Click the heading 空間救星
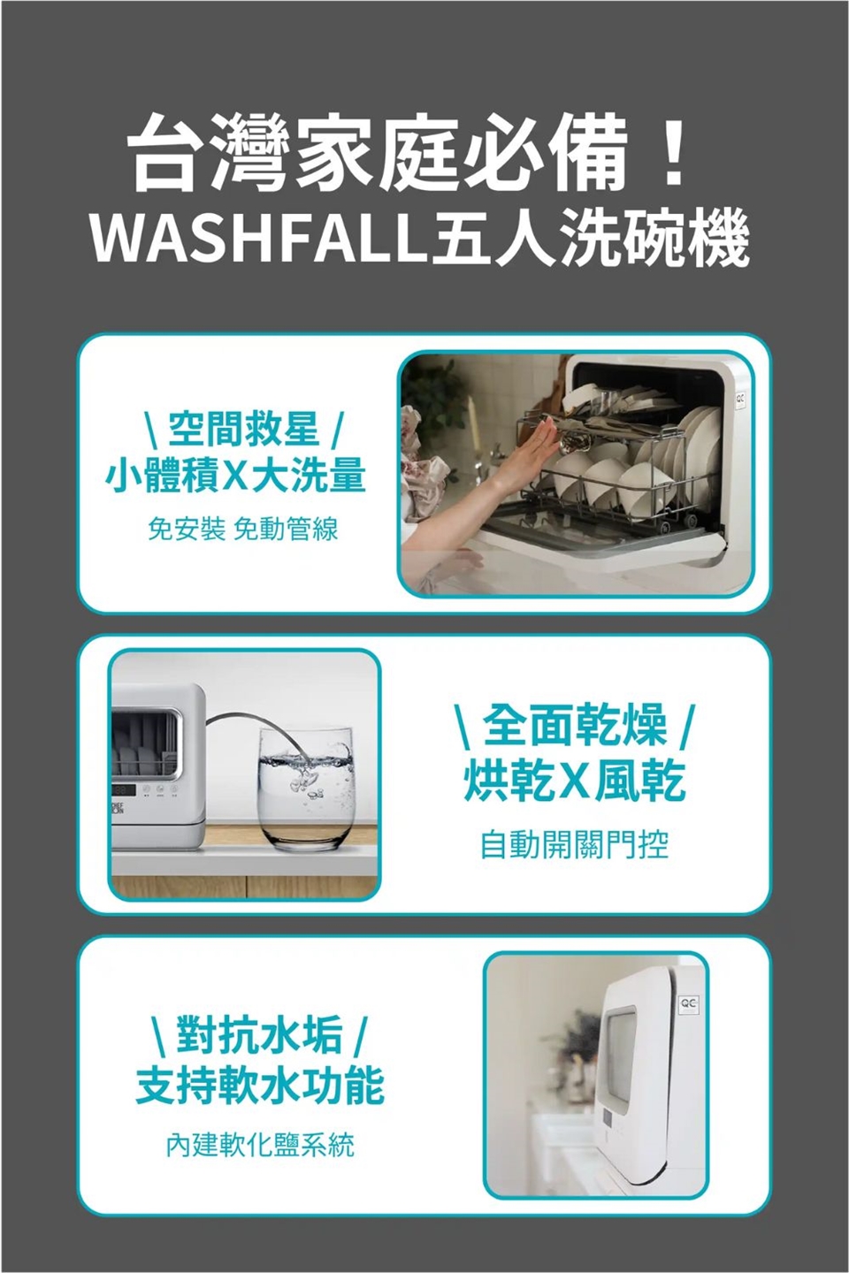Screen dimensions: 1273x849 [243, 431]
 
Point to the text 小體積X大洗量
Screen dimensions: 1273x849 [235, 476]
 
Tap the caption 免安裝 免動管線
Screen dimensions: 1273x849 [242, 530]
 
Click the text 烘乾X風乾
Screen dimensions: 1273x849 [575, 781]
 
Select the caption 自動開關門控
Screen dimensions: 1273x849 [575, 845]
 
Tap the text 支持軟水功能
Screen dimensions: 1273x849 [259, 1086]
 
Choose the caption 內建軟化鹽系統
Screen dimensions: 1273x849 [259, 1146]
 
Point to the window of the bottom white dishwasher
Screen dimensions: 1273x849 [630, 1057]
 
